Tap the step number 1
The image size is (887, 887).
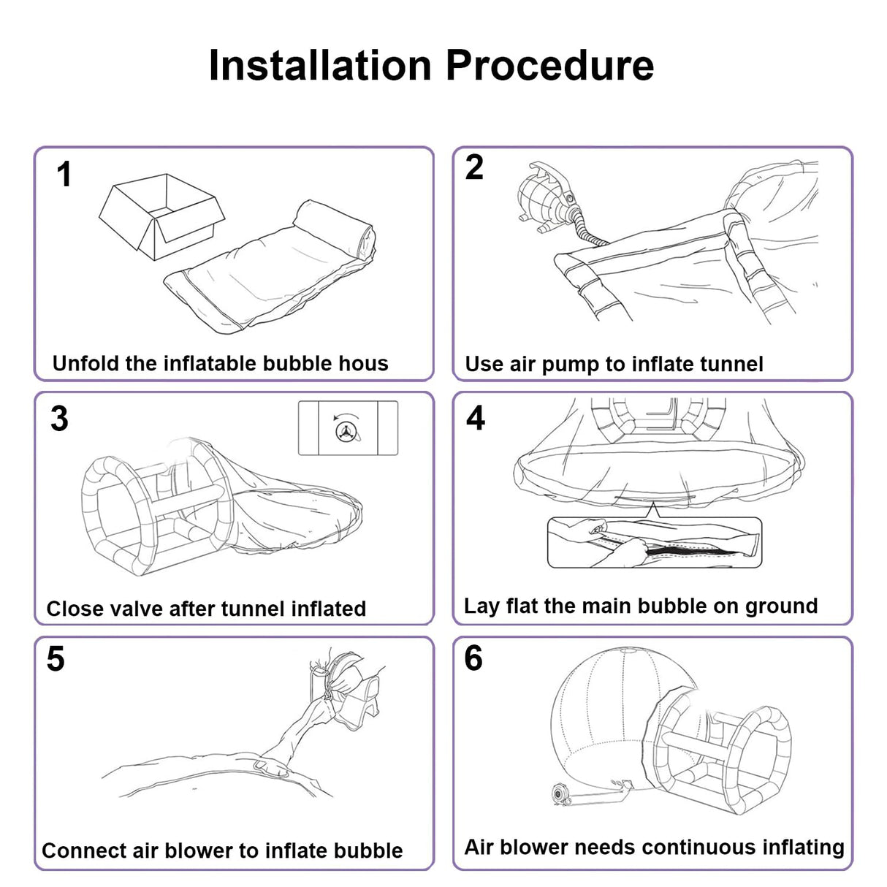click(64, 175)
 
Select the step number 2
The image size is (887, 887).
click(474, 167)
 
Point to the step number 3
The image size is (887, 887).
click(59, 419)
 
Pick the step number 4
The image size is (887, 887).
click(476, 418)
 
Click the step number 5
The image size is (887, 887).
click(56, 659)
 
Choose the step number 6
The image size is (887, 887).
click(473, 658)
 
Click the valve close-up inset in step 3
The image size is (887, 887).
click(348, 428)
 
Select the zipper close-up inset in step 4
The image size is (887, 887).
click(655, 542)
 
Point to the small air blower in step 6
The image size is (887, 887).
click(562, 792)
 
